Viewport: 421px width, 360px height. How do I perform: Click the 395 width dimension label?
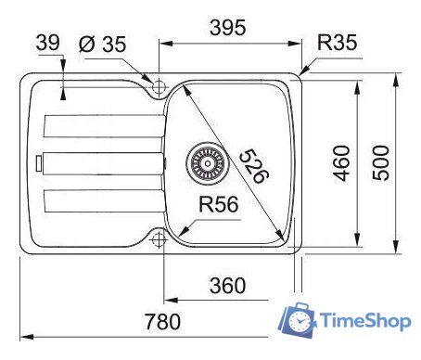(226, 28)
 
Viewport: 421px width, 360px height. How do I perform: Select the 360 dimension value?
(227, 286)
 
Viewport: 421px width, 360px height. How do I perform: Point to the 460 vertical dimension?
(342, 164)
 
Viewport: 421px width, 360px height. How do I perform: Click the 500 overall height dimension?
(381, 164)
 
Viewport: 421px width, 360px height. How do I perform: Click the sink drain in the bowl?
(206, 163)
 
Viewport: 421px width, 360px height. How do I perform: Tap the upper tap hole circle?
(159, 86)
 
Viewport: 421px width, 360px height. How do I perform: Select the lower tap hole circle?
(159, 239)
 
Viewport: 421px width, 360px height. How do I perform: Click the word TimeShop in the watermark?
(365, 321)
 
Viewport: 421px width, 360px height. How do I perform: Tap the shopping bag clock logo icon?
(299, 319)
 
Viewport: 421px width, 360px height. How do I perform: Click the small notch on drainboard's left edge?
(37, 163)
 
